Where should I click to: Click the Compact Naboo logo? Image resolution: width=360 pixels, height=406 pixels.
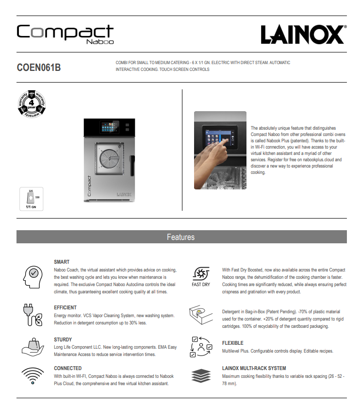pyautogui.click(x=65, y=34)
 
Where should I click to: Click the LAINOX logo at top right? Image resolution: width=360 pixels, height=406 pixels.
pyautogui.click(x=303, y=34)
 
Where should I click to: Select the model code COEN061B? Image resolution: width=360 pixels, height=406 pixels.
pyautogui.click(x=39, y=67)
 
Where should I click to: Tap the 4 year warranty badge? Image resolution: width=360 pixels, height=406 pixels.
pyautogui.click(x=32, y=103)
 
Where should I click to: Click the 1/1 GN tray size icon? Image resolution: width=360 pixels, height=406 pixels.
pyautogui.click(x=31, y=199)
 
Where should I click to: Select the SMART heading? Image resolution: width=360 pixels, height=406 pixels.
pyautogui.click(x=62, y=262)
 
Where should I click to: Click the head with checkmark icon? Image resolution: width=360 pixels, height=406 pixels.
pyautogui.click(x=33, y=277)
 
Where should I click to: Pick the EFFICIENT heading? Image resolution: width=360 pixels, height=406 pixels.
pyautogui.click(x=65, y=307)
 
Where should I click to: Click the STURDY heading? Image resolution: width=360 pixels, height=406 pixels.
pyautogui.click(x=63, y=339)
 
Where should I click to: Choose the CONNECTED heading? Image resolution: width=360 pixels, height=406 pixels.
pyautogui.click(x=68, y=368)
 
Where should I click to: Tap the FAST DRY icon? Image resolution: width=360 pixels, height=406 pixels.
pyautogui.click(x=200, y=275)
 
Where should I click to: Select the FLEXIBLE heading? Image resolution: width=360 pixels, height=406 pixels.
pyautogui.click(x=233, y=343)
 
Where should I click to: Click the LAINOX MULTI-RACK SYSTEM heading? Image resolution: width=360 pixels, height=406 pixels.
pyautogui.click(x=254, y=368)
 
